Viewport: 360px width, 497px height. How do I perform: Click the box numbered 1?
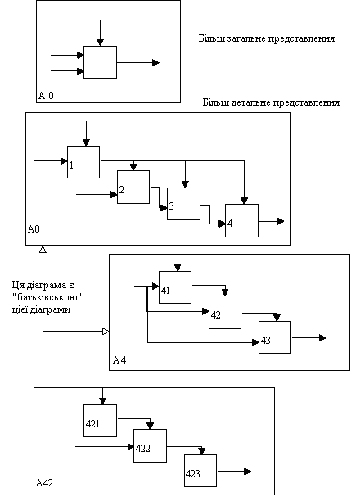(x=83, y=162)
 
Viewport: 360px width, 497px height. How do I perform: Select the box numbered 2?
(x=133, y=187)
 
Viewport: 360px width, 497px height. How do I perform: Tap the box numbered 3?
(x=183, y=204)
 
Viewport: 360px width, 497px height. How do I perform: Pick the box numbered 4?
(x=241, y=220)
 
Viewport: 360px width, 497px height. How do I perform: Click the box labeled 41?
(x=175, y=287)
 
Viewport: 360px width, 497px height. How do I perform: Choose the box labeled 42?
(x=225, y=312)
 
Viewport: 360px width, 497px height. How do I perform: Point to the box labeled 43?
(x=275, y=337)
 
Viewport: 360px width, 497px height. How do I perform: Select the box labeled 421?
(x=100, y=421)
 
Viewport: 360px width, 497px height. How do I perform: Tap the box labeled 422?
(x=150, y=445)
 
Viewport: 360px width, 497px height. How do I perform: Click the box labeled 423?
(x=200, y=471)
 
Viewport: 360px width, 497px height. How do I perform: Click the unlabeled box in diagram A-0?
(x=100, y=62)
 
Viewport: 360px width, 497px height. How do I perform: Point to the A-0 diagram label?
(x=46, y=96)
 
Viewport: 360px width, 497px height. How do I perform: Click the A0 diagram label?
(x=34, y=228)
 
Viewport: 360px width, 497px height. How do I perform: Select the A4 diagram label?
(x=119, y=360)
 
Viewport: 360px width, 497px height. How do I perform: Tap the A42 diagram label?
(x=44, y=483)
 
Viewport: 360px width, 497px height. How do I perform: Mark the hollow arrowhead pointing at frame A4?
(x=106, y=332)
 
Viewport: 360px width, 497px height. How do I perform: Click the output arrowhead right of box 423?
(x=248, y=472)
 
